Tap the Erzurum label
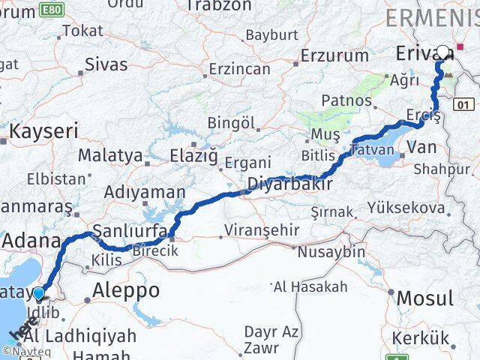pyautogui.click(x=334, y=55)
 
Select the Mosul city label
pyautogui.click(x=424, y=298)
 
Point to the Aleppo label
pyautogui.click(x=125, y=291)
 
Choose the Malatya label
pyautogui.click(x=110, y=155)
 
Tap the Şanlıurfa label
pyautogui.click(x=129, y=230)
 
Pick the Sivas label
pyautogui.click(x=106, y=64)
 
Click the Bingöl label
pyautogui.click(x=232, y=122)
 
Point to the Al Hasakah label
pyautogui.click(x=310, y=286)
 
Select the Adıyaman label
pyautogui.click(x=145, y=192)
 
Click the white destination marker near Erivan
pyautogui.click(x=443, y=52)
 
